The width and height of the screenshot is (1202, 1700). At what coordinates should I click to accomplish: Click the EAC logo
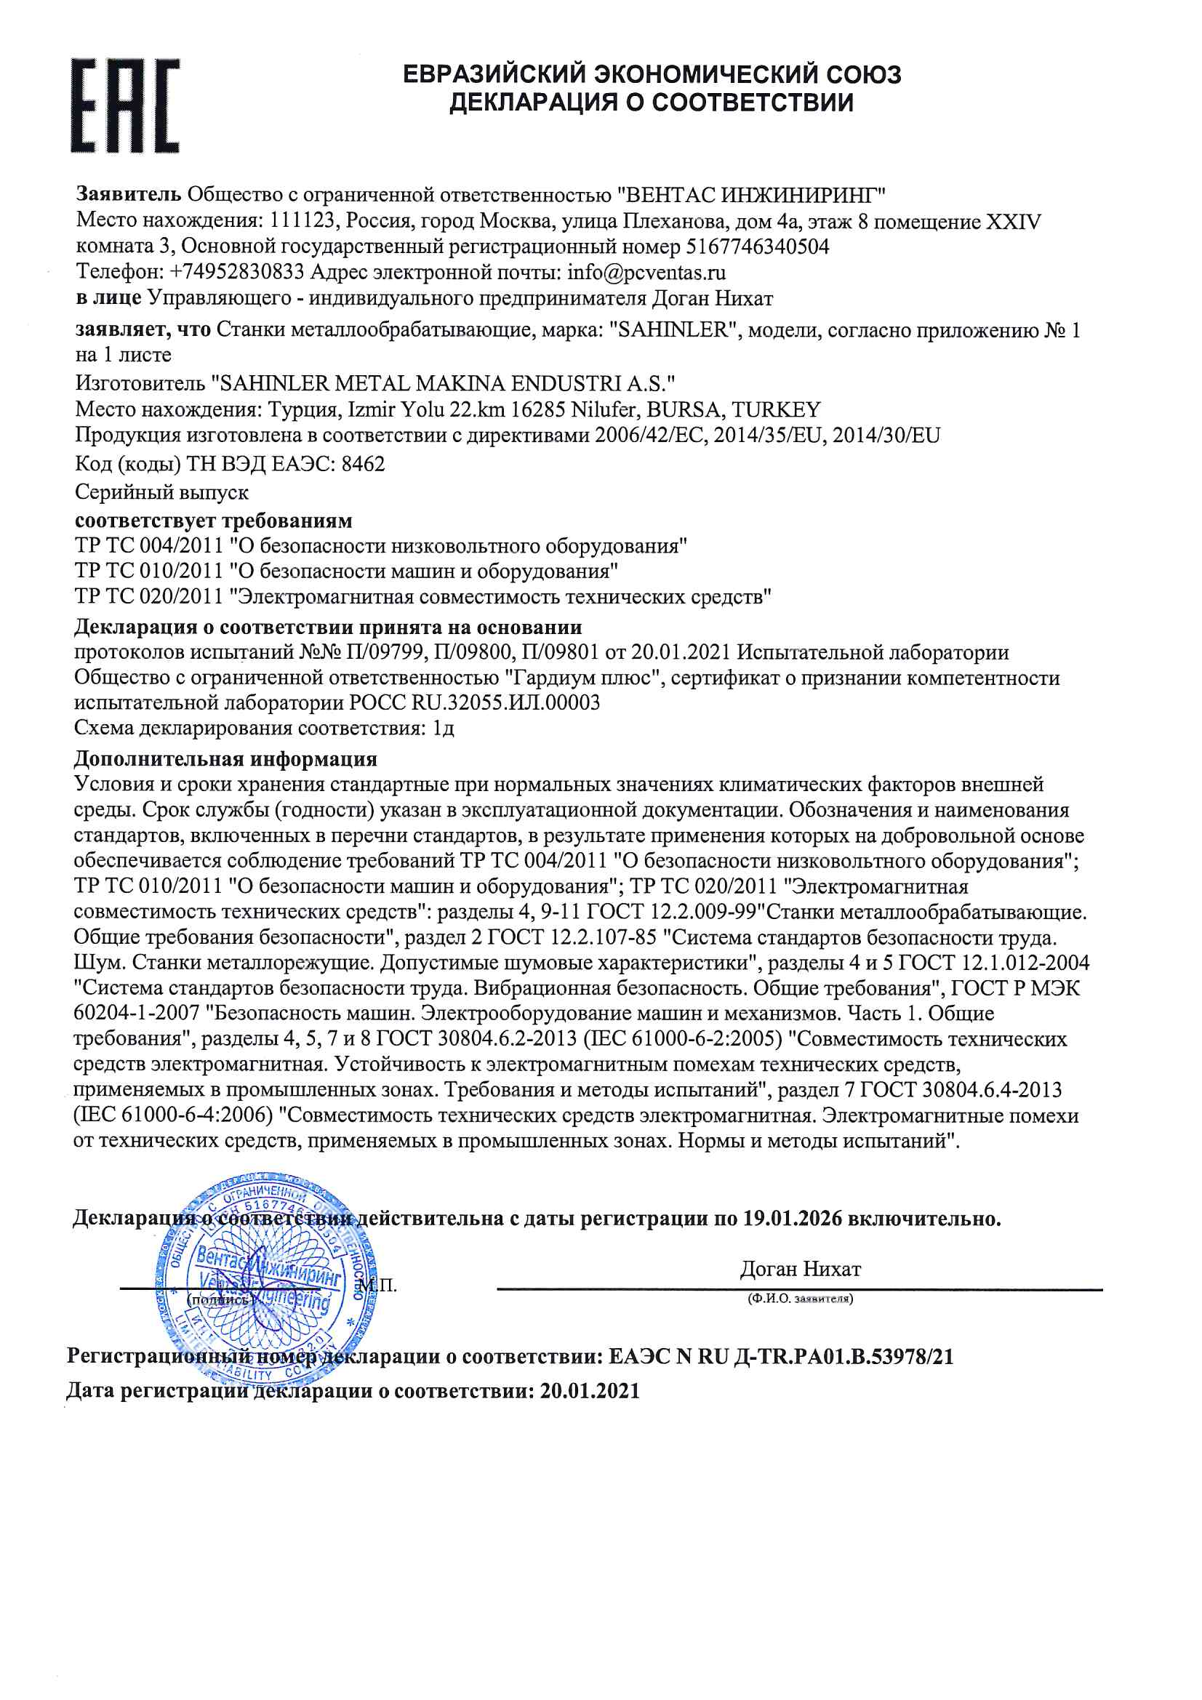pos(124,106)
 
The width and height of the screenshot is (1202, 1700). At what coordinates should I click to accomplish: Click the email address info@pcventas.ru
pos(646,273)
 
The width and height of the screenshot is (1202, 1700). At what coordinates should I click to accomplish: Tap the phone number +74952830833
pos(236,273)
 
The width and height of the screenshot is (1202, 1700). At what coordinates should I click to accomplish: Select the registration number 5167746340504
pos(757,246)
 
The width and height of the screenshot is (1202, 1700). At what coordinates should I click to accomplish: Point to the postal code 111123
pos(302,220)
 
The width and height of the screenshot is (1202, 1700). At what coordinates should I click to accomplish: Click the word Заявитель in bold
pos(128,195)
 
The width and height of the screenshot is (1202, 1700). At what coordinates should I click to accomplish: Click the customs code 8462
pos(363,464)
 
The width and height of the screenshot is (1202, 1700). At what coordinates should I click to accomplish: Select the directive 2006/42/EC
pos(652,436)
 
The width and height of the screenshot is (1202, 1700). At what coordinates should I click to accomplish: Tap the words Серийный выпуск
pos(161,492)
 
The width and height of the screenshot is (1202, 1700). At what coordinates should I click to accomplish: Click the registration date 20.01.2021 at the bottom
pos(590,1391)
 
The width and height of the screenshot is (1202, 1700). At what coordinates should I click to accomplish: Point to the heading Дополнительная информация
pos(225,759)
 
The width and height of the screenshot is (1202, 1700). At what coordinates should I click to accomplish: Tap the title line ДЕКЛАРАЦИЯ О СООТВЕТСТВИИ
pos(651,103)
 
